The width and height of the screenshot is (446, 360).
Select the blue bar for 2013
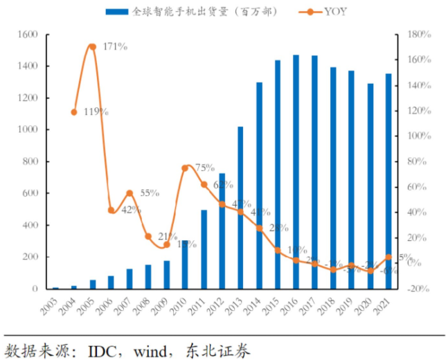[x=240, y=208]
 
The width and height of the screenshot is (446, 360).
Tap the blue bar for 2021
[x=389, y=181]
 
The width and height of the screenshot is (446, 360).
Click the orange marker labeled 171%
[x=92, y=47]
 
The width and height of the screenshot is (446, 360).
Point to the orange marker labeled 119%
[x=74, y=111]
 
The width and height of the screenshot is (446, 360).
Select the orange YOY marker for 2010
[x=185, y=168]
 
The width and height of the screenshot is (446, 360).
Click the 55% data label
[x=149, y=194]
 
